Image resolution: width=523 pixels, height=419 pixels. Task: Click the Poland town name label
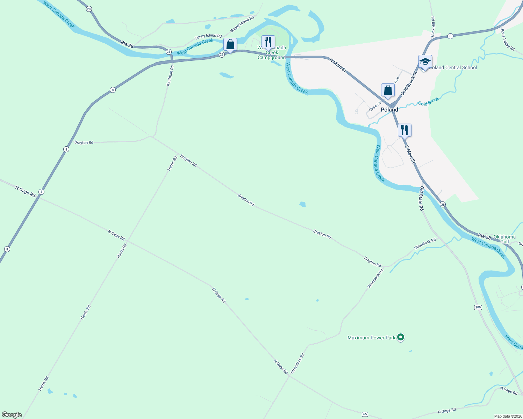[389, 110]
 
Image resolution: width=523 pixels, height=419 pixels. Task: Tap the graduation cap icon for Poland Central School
[425, 62]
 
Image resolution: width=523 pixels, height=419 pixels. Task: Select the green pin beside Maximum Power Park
[401, 337]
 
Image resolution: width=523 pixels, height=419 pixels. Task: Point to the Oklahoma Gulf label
[504, 239]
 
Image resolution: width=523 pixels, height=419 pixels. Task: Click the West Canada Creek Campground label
[272, 53]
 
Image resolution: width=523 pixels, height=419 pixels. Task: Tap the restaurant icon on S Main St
[404, 131]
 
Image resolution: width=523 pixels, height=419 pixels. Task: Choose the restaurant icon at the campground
[268, 42]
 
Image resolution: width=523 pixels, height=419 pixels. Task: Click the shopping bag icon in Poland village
[388, 90]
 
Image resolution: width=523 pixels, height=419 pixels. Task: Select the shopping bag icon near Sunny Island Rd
[230, 45]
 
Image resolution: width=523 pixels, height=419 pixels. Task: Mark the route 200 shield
[478, 307]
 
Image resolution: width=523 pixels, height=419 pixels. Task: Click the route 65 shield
[365, 414]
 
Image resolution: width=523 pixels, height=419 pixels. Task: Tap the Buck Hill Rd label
[432, 27]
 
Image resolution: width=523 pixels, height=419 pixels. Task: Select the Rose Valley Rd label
[508, 39]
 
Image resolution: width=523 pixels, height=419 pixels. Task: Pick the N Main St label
[338, 65]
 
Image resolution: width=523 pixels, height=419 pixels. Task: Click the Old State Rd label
[422, 198]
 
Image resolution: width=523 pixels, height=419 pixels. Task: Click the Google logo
[12, 415]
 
